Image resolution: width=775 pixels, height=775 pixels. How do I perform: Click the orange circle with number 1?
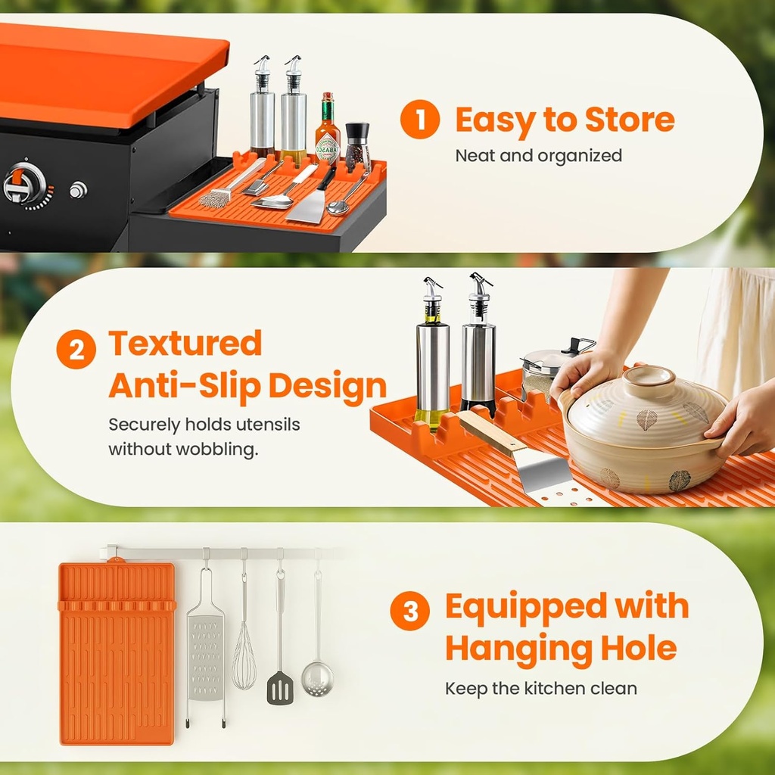pyautogui.click(x=419, y=119)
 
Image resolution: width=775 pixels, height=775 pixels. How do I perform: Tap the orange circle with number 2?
pyautogui.click(x=76, y=350)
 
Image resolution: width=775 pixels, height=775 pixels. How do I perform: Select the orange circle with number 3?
pyautogui.click(x=409, y=611)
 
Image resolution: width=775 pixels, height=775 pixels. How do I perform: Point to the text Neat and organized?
pyautogui.click(x=538, y=156)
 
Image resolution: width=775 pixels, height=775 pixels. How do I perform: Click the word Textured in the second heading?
pyautogui.click(x=185, y=343)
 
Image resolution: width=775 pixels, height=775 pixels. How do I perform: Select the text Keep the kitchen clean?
pyautogui.click(x=540, y=688)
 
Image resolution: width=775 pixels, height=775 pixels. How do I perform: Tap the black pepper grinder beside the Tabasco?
pyautogui.click(x=357, y=147)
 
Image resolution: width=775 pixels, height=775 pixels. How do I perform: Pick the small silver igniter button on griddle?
pyautogui.click(x=78, y=190)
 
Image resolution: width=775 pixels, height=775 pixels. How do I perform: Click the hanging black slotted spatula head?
pyautogui.click(x=280, y=687)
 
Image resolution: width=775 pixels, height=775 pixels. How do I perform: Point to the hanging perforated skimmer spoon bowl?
pyautogui.click(x=317, y=679)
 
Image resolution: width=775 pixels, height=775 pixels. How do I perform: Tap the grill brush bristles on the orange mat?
pyautogui.click(x=215, y=199)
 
